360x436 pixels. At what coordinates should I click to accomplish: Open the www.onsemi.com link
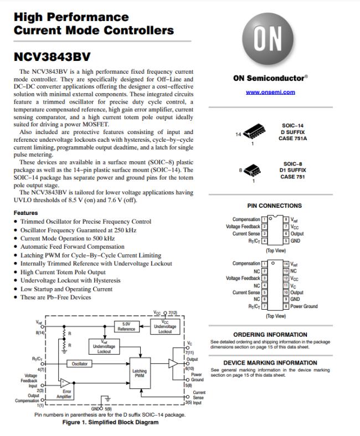point(270,92)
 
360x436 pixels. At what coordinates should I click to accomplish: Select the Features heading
point(26,213)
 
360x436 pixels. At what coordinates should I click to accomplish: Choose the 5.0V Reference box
point(127,327)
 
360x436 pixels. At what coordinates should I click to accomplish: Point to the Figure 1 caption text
point(102,422)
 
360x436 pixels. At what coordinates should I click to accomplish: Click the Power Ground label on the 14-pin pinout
point(304,306)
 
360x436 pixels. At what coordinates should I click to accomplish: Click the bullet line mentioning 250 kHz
point(78,230)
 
